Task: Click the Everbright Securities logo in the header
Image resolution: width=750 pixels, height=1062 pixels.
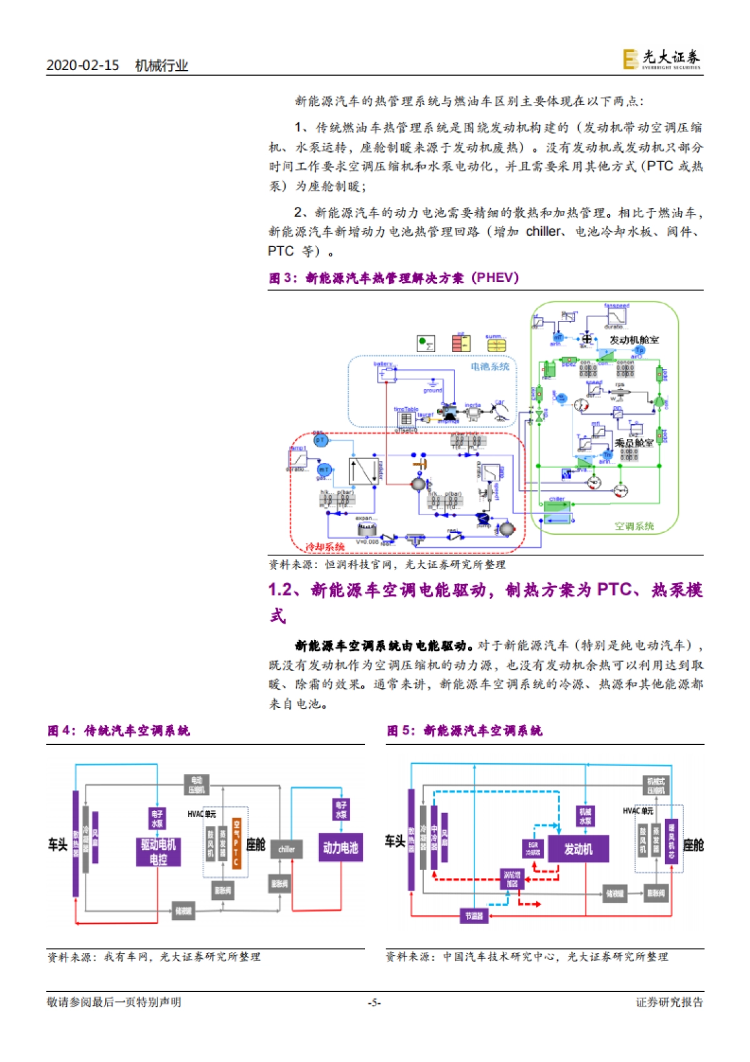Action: tap(661, 59)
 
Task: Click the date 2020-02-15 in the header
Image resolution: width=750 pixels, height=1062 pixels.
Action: tap(82, 66)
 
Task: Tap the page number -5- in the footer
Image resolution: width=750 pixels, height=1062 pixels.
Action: tap(374, 1002)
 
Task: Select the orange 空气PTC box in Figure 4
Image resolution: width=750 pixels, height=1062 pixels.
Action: tap(236, 842)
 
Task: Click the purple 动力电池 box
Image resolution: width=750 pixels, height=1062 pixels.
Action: tap(341, 847)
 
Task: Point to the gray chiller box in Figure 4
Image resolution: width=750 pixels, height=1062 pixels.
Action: tap(286, 849)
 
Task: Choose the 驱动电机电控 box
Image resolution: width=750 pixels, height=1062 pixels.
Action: tap(158, 852)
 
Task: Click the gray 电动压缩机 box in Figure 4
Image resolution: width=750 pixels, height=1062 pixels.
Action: tap(196, 785)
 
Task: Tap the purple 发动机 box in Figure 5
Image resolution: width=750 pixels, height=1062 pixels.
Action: tap(578, 849)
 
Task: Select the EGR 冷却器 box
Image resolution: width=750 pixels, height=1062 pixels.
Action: tap(532, 848)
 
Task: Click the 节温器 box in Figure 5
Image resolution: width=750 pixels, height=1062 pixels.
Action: tap(474, 916)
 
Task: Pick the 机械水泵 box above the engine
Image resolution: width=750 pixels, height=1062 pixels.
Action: tap(585, 816)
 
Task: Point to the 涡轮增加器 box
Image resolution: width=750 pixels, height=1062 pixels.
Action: tap(512, 879)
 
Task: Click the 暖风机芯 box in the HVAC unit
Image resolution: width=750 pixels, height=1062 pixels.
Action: tap(671, 841)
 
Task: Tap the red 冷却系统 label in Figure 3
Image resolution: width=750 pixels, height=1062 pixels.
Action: tap(325, 547)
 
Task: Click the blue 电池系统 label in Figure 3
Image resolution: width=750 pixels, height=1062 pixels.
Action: tap(490, 367)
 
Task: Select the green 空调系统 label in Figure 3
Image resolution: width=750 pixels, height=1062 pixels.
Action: tap(634, 526)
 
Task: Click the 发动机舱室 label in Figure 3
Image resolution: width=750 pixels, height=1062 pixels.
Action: tap(634, 340)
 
